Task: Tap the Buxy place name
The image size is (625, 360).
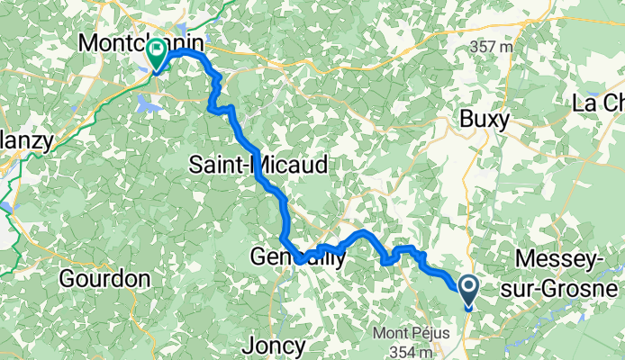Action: tap(485, 118)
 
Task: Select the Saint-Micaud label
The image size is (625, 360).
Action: tap(258, 164)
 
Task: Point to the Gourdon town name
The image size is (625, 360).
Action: tap(104, 279)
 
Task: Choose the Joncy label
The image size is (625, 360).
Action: tap(274, 345)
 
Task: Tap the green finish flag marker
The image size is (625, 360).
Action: tap(158, 53)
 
